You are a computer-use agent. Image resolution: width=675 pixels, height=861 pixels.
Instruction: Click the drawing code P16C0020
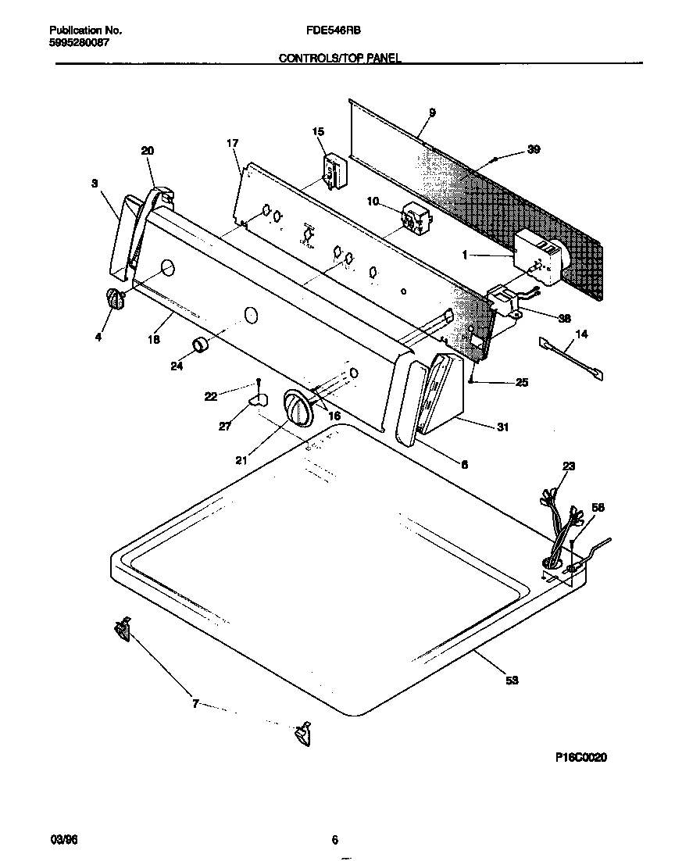[x=581, y=757]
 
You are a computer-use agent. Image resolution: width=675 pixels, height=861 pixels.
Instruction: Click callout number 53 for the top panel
[x=512, y=681]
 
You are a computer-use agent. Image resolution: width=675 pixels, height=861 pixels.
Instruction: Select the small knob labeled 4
[x=114, y=300]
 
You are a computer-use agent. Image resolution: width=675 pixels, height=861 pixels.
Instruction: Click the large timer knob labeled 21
[x=296, y=408]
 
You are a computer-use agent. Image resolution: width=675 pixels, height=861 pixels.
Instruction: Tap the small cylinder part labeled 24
[x=200, y=345]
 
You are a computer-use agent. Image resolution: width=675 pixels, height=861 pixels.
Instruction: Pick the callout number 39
[x=534, y=150]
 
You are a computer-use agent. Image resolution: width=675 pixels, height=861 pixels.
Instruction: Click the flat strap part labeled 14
[x=571, y=359]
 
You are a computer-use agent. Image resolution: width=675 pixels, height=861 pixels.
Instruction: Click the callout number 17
[x=232, y=143]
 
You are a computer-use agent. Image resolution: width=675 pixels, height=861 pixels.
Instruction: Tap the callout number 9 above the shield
[x=432, y=113]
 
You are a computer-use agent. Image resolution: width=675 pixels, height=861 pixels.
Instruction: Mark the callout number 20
[x=148, y=151]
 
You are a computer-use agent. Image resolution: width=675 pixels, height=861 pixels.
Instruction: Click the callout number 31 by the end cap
[x=502, y=427]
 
